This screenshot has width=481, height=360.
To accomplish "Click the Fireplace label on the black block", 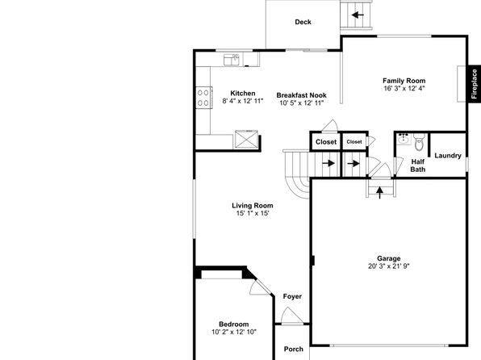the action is (x=475, y=84).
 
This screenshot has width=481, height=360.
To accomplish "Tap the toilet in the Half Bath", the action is (x=419, y=142).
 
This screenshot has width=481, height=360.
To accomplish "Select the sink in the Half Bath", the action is (x=404, y=140).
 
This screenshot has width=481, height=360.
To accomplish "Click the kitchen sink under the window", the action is (x=232, y=60).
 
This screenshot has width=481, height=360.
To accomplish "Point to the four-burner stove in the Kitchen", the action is (x=203, y=98).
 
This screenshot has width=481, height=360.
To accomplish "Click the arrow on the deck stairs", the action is (x=358, y=15).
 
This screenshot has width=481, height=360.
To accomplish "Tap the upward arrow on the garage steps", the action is (x=380, y=192).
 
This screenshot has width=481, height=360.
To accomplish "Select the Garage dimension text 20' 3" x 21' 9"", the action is (x=389, y=266).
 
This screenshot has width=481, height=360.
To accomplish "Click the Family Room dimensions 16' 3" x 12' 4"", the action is (x=404, y=89).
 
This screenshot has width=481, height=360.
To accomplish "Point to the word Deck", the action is (x=303, y=22).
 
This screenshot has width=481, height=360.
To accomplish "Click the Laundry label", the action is (x=448, y=156).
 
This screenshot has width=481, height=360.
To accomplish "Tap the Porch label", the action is (x=294, y=349).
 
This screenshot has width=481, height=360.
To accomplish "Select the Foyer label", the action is (x=292, y=296).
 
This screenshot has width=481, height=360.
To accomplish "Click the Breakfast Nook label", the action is (x=302, y=95).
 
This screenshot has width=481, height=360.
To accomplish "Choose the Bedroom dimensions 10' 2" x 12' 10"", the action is (x=234, y=332).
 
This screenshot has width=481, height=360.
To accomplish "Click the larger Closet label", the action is (x=326, y=142).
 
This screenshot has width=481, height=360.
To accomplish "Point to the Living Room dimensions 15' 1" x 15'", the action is (x=253, y=213).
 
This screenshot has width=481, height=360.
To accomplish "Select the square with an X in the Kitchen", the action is (x=246, y=139).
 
